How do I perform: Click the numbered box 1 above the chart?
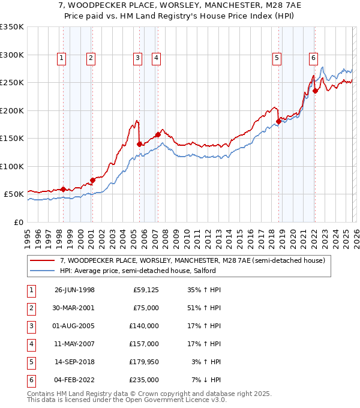tap(63, 58)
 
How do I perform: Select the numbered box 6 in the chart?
tap(313, 58)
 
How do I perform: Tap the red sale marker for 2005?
tap(139, 144)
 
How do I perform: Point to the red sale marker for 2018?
tap(278, 122)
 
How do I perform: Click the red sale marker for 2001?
tap(92, 180)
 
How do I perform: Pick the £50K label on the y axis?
tap(14, 194)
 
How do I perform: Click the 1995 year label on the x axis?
tap(28, 238)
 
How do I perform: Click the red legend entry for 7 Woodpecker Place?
tap(192, 260)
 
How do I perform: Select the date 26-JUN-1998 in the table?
tap(74, 290)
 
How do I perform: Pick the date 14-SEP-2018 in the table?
tap(74, 362)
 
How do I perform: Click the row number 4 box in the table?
tap(31, 344)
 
